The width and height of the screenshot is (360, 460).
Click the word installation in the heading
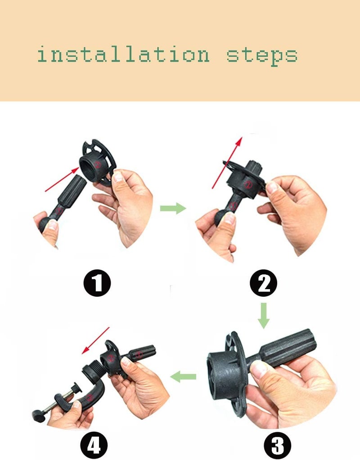tap(123, 55)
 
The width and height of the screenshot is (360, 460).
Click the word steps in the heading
tap(262, 56)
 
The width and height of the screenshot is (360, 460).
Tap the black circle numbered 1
tap(97, 283)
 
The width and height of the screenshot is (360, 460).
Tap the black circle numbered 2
tap(263, 283)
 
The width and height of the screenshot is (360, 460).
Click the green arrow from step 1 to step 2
tap(173, 208)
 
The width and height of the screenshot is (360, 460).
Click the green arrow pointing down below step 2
tap(264, 316)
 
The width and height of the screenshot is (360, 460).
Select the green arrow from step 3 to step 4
tap(183, 376)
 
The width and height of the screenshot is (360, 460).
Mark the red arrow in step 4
tap(95, 340)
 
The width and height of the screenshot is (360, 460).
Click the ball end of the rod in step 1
tap(44, 223)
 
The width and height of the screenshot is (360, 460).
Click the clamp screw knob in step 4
tap(38, 415)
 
